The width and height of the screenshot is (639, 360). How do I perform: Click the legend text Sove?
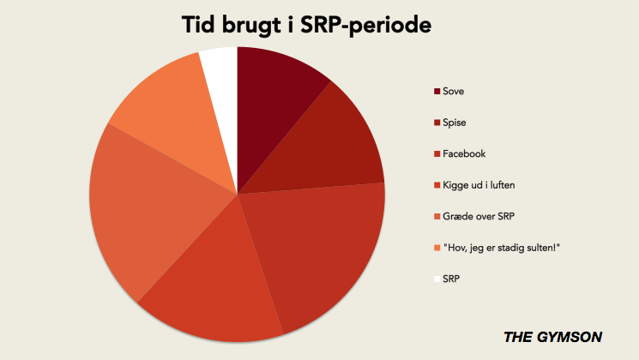(453, 91)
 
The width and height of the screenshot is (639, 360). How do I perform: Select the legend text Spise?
(455, 123)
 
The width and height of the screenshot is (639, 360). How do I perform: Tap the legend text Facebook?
(464, 154)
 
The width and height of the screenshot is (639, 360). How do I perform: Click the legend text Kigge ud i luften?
(479, 185)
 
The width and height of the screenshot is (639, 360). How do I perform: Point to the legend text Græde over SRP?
(479, 216)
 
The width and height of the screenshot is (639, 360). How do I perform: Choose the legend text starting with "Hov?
(502, 248)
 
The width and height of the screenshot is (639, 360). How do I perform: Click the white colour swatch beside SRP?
(437, 279)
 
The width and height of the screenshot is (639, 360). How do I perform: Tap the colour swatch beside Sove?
(437, 91)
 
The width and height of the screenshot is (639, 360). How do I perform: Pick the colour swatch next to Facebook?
(437, 154)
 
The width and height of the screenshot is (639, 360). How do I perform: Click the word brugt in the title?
(251, 26)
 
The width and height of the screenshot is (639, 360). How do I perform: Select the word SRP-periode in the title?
(365, 26)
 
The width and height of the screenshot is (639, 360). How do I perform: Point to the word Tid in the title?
(199, 25)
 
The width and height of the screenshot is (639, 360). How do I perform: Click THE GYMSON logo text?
(553, 337)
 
